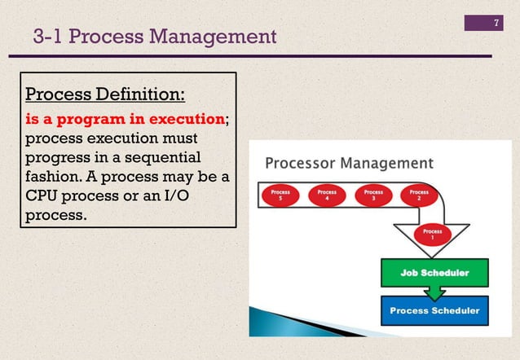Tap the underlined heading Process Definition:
tap(106, 94)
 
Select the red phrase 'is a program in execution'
tap(125, 118)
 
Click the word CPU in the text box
tap(46, 198)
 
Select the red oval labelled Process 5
tap(280, 196)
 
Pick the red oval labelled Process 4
tap(327, 196)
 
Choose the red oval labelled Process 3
tap(373, 196)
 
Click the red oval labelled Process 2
tap(419, 196)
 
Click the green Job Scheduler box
tap(434, 273)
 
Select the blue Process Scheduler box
tap(434, 310)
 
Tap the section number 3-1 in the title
tap(51, 37)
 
